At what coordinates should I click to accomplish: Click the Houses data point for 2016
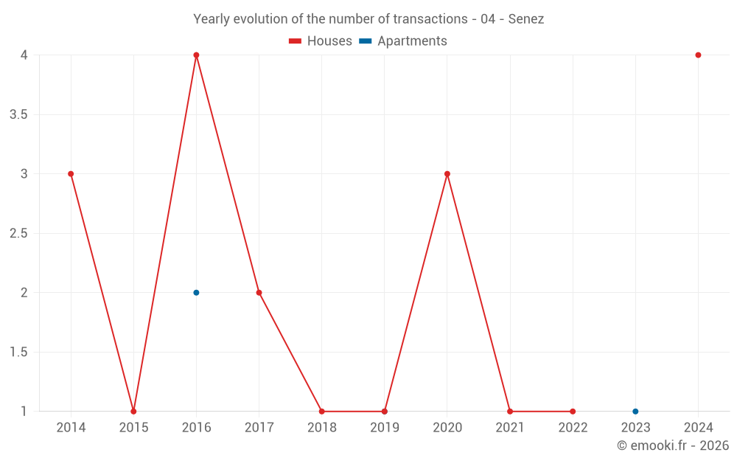tap(196, 55)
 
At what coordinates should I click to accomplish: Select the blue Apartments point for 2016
tap(196, 293)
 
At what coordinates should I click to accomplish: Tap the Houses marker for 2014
tap(71, 174)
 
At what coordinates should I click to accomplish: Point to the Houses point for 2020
tap(447, 174)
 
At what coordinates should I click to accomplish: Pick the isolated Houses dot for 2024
tap(698, 55)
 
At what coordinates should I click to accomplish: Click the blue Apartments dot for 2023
tap(635, 412)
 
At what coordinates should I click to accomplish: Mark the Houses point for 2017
tap(259, 293)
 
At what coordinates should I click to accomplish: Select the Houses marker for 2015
tap(133, 412)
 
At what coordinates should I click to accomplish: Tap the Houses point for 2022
tap(573, 412)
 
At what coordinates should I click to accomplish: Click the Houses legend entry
tap(321, 41)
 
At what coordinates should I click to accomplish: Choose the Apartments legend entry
tap(403, 41)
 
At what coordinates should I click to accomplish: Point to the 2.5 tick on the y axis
tap(18, 234)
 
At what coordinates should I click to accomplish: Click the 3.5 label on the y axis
tap(18, 115)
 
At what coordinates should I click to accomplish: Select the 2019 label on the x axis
tap(385, 428)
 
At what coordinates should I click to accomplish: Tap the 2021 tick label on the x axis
tap(510, 428)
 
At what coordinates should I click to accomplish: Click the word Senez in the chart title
tap(526, 19)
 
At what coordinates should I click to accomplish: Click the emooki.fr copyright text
tap(673, 446)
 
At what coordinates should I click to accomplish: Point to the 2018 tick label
tap(322, 428)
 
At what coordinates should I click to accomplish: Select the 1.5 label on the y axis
tap(18, 353)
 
